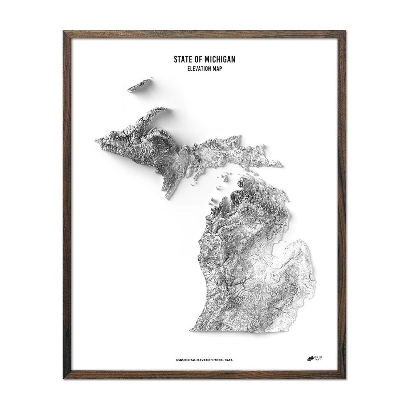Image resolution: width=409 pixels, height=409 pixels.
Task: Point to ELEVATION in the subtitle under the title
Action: pyautogui.click(x=199, y=68)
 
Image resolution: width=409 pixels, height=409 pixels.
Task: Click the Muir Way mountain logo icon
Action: pyautogui.click(x=310, y=358)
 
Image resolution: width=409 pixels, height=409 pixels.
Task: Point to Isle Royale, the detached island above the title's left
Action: pyautogui.click(x=140, y=85)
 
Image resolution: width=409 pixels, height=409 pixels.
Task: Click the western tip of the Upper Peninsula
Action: pyautogui.click(x=96, y=139)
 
